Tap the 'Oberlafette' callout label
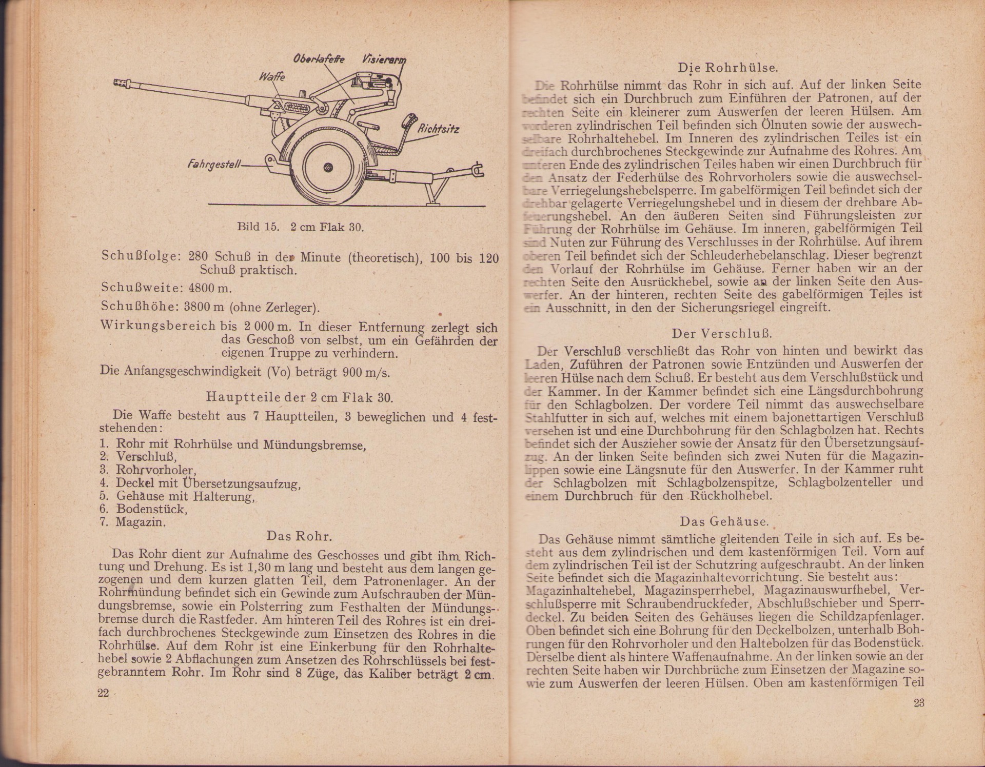(318, 59)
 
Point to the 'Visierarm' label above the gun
(384, 59)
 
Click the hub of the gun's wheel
(328, 168)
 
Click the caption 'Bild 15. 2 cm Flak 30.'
(301, 227)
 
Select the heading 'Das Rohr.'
(300, 536)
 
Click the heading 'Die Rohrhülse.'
(728, 68)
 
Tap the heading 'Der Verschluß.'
(722, 334)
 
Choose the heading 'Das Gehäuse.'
(724, 522)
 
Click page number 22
(103, 693)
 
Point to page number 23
(919, 702)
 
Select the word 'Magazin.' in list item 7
(141, 522)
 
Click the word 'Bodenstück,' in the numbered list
(152, 509)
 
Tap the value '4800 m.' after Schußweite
(210, 288)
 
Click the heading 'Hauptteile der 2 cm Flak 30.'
(300, 397)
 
